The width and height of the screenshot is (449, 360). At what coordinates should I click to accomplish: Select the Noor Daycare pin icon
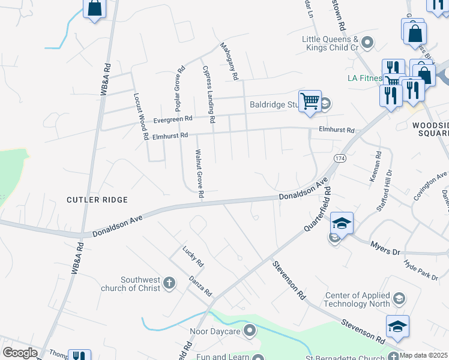(x=250, y=331)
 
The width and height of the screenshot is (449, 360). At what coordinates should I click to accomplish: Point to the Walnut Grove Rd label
(x=199, y=175)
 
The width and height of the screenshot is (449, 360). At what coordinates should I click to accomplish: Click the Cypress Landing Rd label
(x=208, y=94)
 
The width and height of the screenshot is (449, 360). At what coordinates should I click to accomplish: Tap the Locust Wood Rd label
(x=141, y=116)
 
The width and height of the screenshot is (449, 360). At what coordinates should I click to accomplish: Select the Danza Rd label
(x=200, y=284)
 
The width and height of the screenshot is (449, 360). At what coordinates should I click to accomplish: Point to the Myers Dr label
(x=385, y=246)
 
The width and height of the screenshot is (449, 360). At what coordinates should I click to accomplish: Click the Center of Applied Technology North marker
(x=398, y=299)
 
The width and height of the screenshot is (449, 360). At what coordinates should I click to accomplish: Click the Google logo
(x=20, y=352)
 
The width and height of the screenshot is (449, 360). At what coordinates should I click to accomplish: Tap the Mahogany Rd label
(x=229, y=61)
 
